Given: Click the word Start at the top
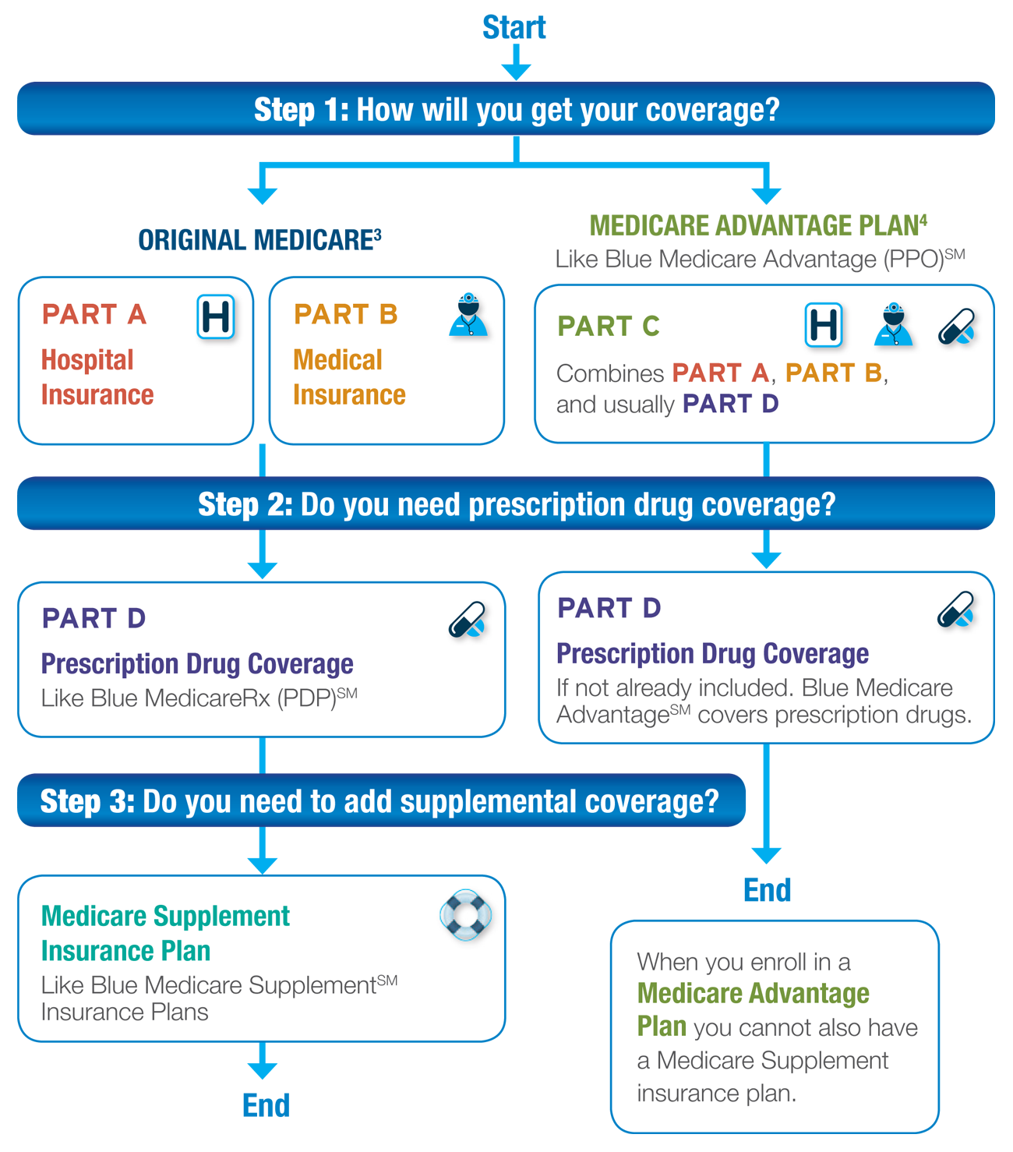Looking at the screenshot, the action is [x=514, y=27].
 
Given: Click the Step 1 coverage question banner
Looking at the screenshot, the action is [x=506, y=108].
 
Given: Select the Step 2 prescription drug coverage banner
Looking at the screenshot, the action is [x=506, y=504].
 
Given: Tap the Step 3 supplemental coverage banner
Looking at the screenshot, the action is [x=382, y=800].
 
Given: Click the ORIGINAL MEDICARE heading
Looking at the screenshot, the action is [x=259, y=240].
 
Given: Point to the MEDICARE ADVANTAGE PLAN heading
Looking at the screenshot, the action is [x=758, y=225].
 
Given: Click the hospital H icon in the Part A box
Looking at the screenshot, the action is [x=216, y=316].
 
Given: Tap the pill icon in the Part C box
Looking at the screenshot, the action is [x=957, y=327].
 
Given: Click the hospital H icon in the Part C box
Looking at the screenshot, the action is [x=824, y=325].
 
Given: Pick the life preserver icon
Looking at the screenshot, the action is [x=465, y=915].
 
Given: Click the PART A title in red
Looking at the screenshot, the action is [x=94, y=314].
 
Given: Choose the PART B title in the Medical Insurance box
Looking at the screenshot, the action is [x=346, y=314].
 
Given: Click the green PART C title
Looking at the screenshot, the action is [x=609, y=326].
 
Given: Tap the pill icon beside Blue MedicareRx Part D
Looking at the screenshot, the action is [x=468, y=620].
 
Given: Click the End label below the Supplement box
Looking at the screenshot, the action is [x=266, y=1105].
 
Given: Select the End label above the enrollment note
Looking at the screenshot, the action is [x=768, y=890].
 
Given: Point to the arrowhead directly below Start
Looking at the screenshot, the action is [x=516, y=72].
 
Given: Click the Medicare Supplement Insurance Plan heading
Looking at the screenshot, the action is [x=165, y=933].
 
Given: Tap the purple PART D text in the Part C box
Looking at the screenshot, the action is [x=730, y=404].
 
